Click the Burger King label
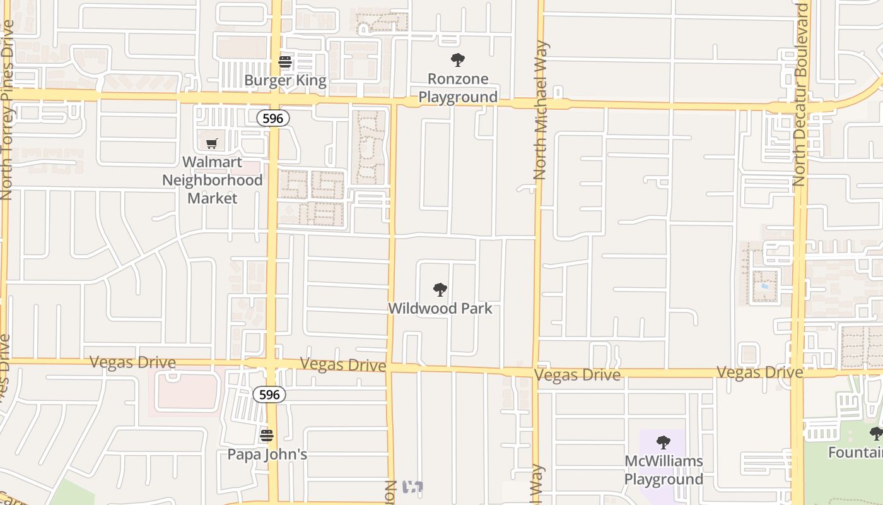click(x=285, y=81)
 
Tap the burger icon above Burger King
click(x=285, y=62)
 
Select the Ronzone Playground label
click(x=458, y=88)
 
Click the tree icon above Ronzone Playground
click(x=458, y=60)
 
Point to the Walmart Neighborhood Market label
click(x=213, y=180)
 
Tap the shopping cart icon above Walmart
click(x=212, y=143)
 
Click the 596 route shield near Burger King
click(x=272, y=118)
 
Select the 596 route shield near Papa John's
click(x=269, y=395)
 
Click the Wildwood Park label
click(x=440, y=309)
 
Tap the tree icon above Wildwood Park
click(x=440, y=290)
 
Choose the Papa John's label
click(x=267, y=454)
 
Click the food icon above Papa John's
click(x=267, y=436)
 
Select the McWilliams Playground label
click(x=664, y=470)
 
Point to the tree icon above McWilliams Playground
click(x=664, y=442)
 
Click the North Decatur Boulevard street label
click(x=800, y=95)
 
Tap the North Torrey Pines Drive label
click(x=7, y=110)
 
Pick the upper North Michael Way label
click(x=540, y=110)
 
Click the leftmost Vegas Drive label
click(x=132, y=362)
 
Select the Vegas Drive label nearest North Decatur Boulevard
click(x=760, y=372)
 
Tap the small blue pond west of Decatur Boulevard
click(x=765, y=285)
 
